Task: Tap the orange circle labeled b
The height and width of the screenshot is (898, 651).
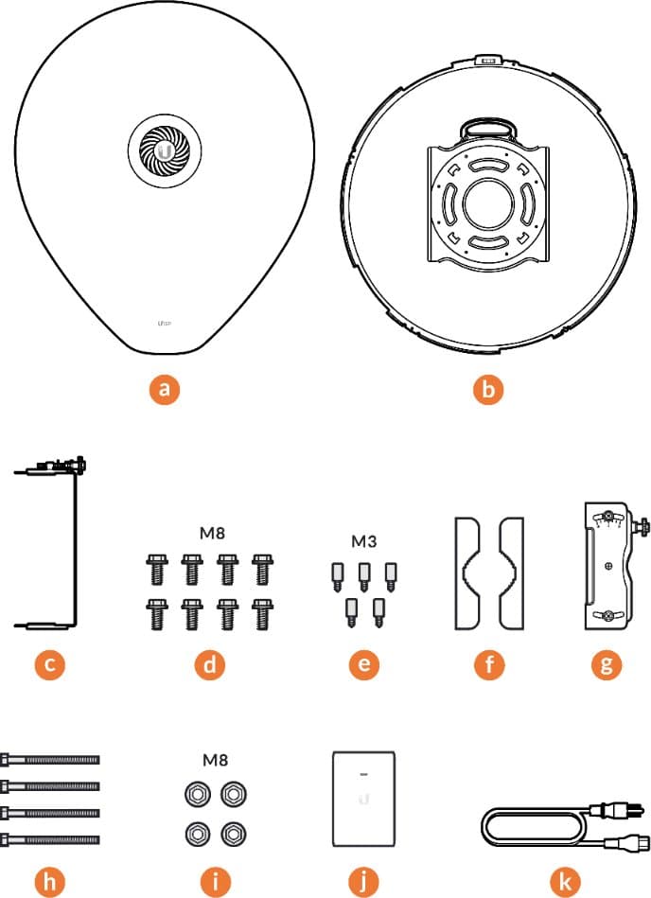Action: point(488,389)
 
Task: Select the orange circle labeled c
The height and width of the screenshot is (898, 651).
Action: point(49,664)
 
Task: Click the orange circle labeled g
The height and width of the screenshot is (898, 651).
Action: point(606,664)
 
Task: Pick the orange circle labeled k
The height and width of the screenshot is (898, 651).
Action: point(566,882)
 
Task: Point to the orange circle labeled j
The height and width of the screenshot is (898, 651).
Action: point(364,882)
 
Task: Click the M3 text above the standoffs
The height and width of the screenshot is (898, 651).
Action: point(364,541)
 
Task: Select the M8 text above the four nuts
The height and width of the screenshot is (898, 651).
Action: point(215,759)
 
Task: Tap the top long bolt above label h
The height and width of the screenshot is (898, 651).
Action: point(51,759)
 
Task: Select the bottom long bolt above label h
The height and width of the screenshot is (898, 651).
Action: point(51,839)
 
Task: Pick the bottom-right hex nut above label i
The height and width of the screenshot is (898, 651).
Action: point(231,833)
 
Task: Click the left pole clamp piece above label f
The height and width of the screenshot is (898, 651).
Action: point(471,572)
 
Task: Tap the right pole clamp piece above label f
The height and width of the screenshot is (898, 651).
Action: point(510,572)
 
